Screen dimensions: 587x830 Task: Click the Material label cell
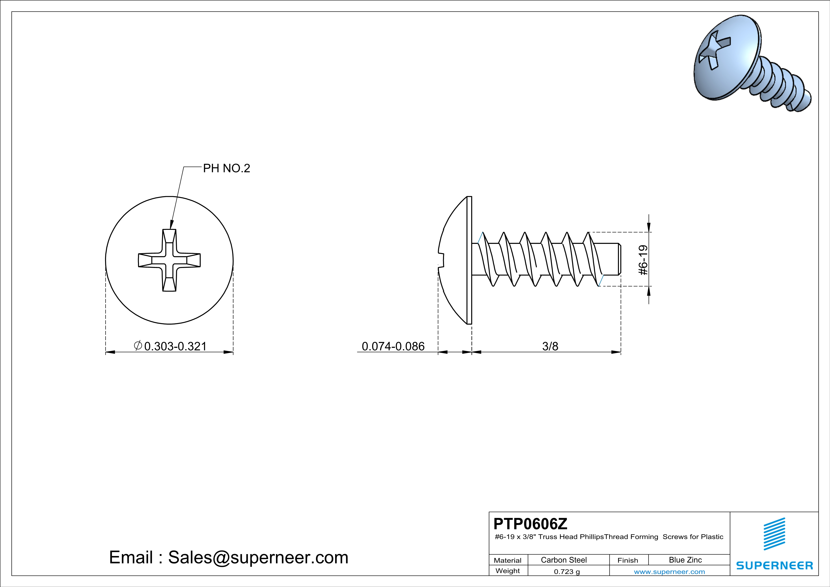point(508,560)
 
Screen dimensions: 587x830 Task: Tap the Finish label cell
point(628,560)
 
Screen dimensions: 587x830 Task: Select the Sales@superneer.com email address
point(258,557)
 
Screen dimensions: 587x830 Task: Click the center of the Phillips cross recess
point(169,260)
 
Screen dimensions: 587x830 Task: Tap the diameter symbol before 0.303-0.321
point(138,346)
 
